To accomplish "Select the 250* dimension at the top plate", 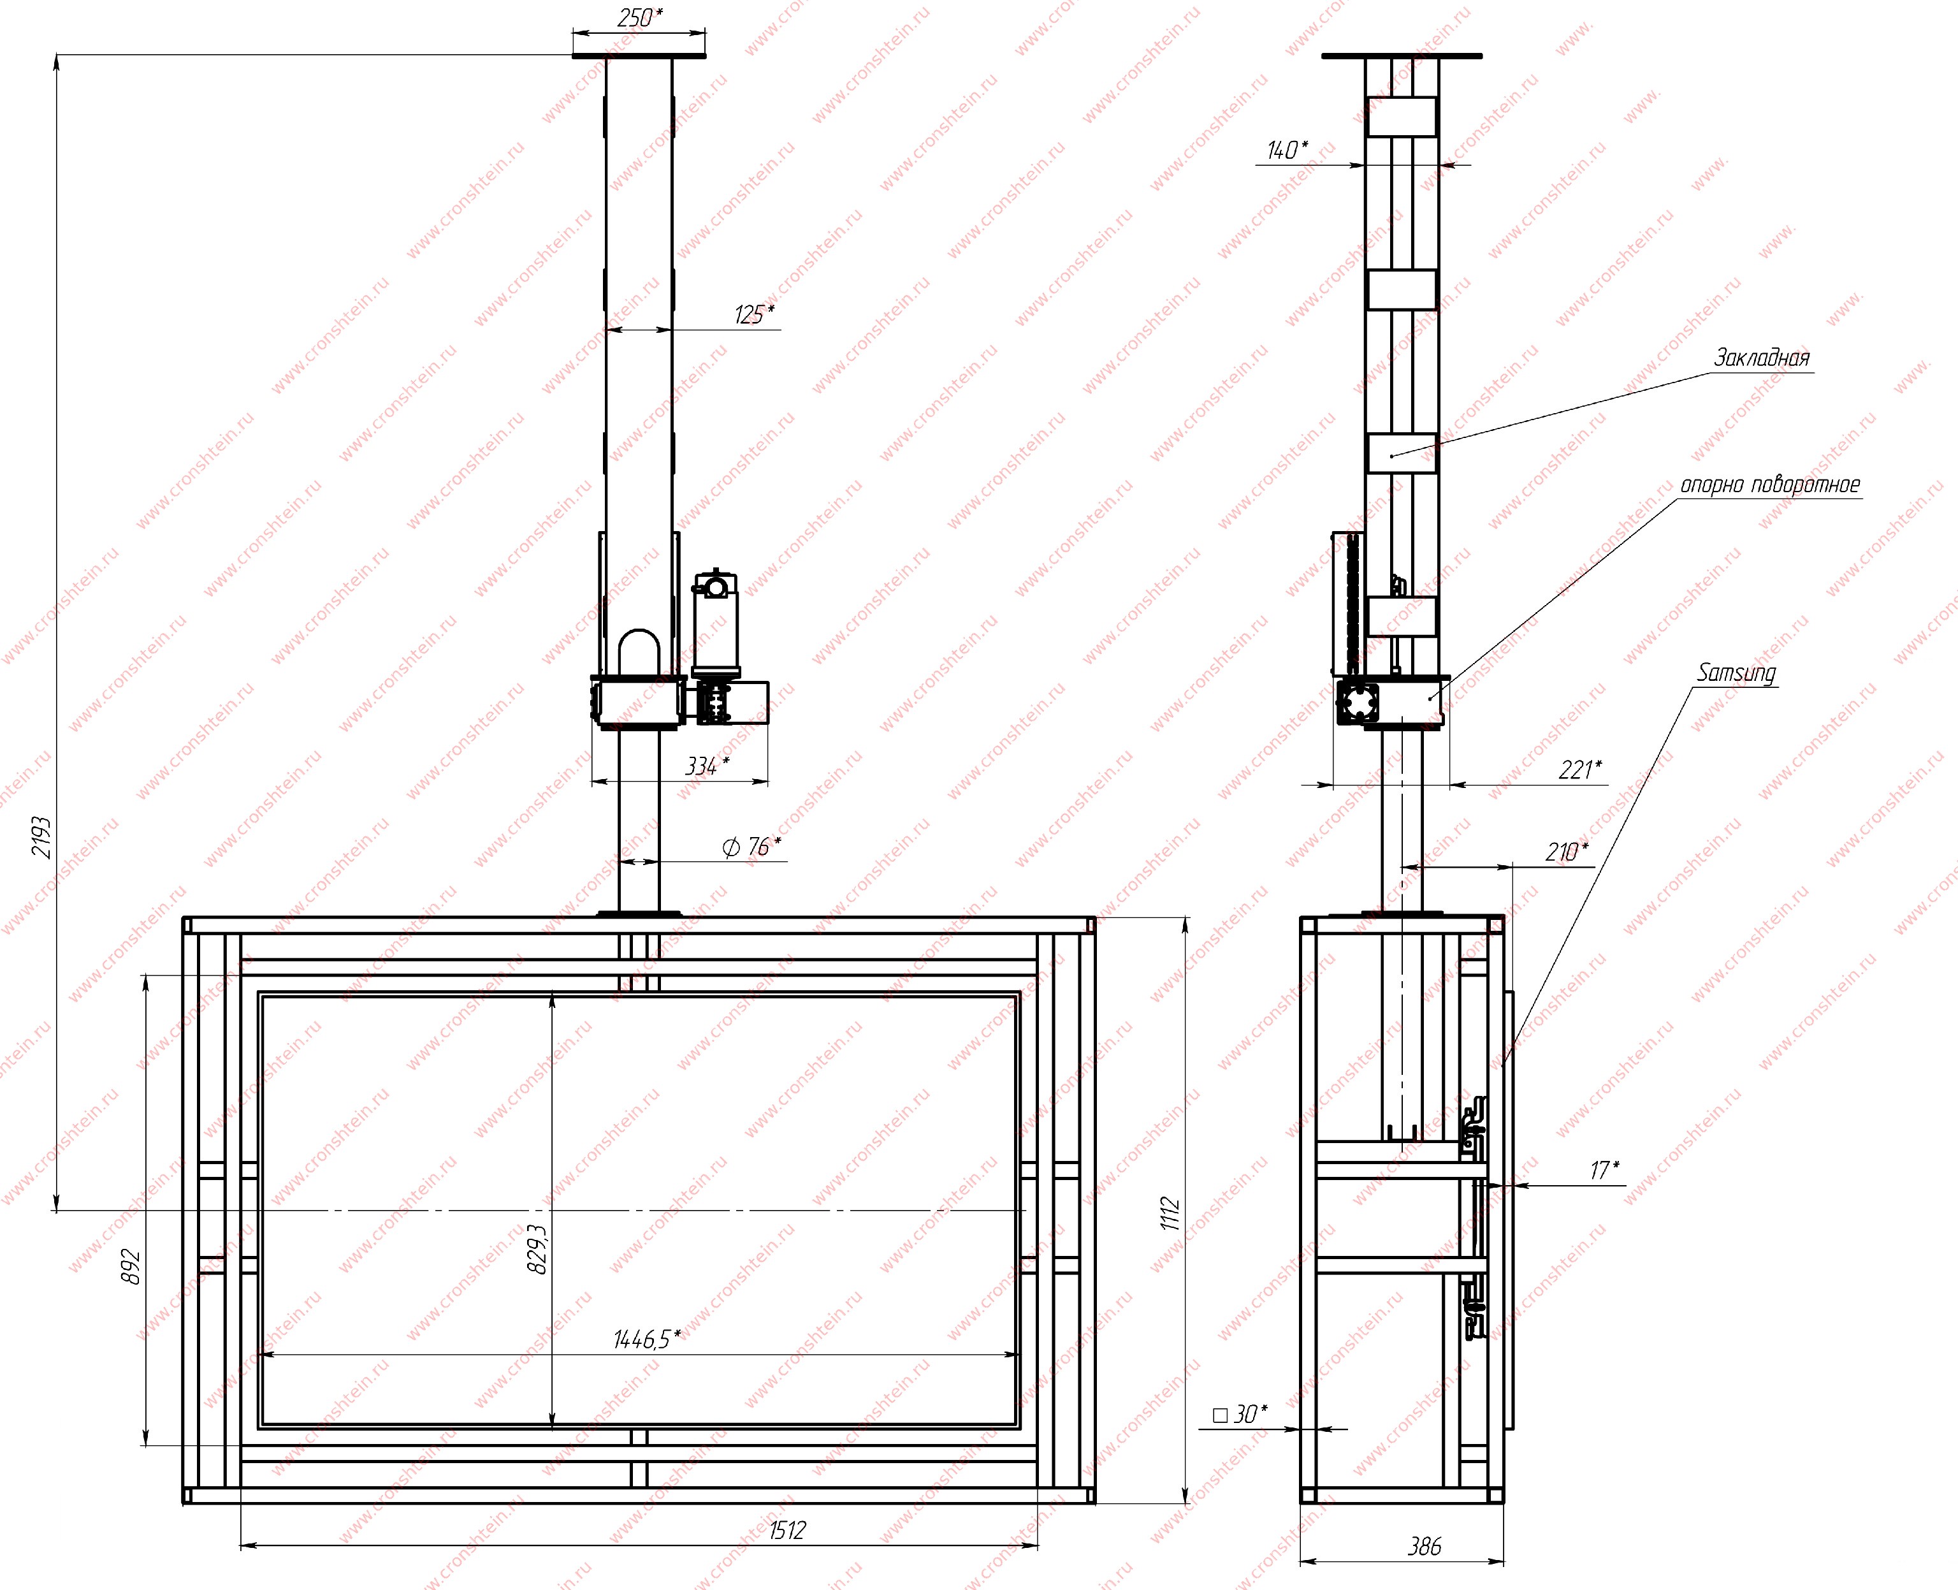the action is (x=640, y=17).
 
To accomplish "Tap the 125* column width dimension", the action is (x=754, y=314).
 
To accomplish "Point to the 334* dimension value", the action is (x=707, y=766).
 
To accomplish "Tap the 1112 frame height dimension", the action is (x=1170, y=1214).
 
